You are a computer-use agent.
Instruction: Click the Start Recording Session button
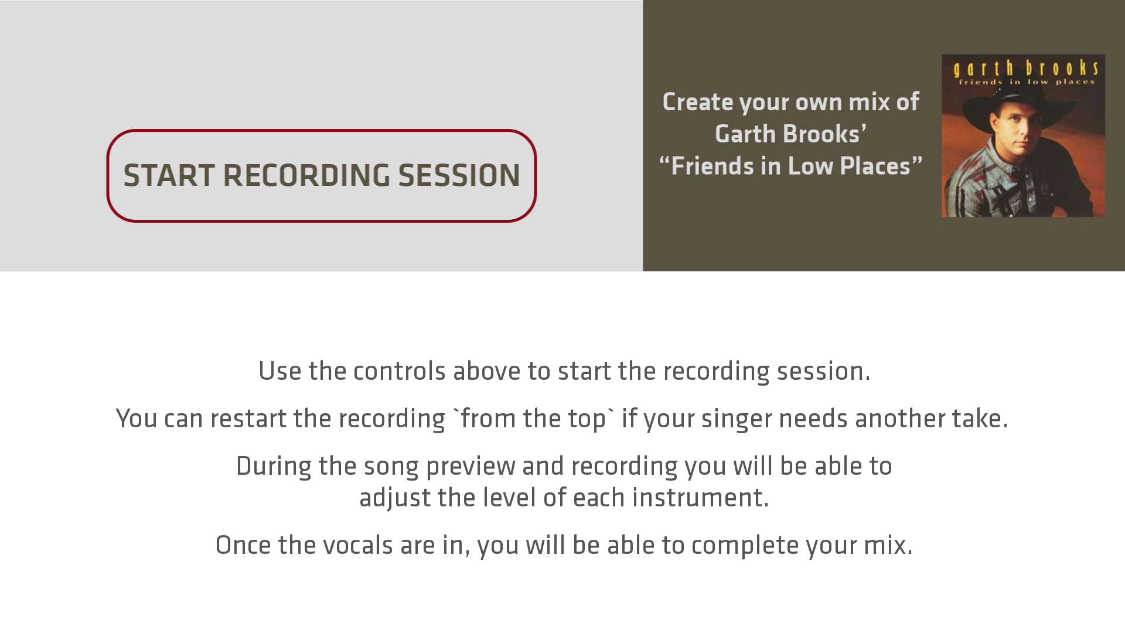click(321, 176)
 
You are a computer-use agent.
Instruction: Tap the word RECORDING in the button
click(306, 176)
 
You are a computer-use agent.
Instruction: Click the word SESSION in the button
click(459, 176)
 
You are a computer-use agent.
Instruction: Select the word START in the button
click(169, 176)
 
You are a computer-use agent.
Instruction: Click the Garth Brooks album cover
click(1023, 136)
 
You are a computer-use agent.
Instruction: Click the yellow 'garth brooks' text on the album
click(1026, 68)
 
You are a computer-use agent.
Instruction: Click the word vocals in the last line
click(358, 545)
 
